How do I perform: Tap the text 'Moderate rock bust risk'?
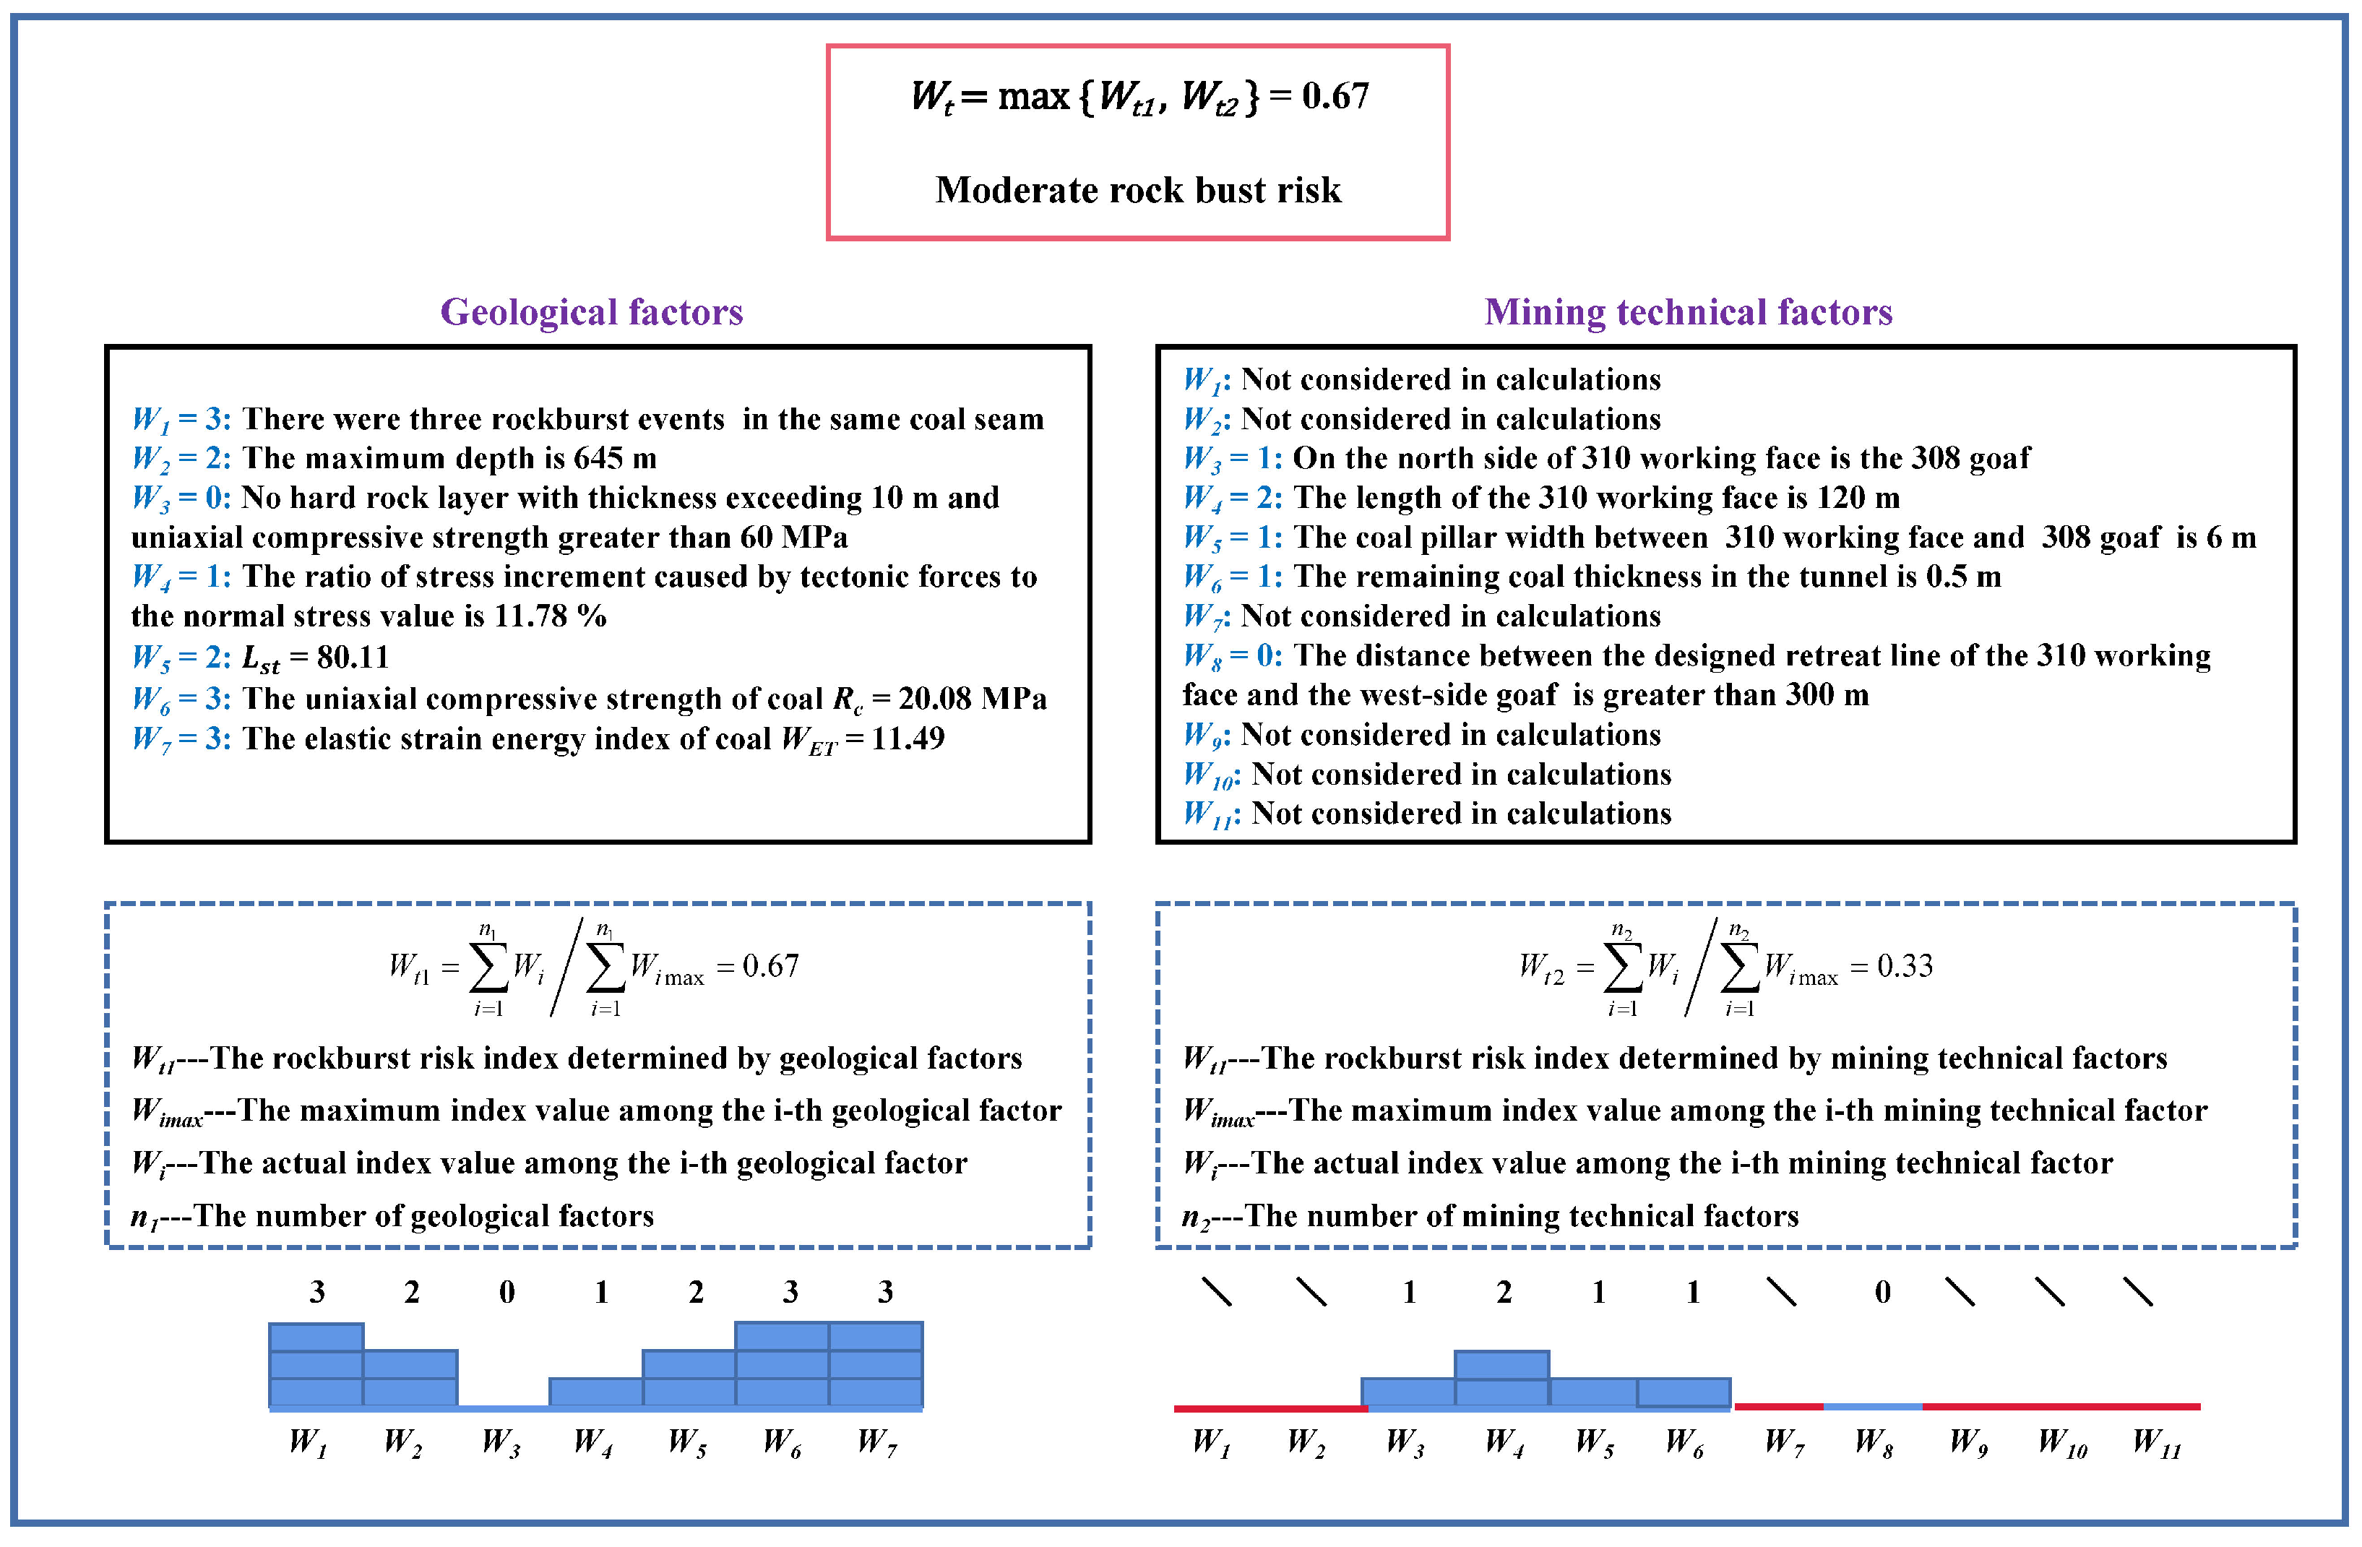pyautogui.click(x=1137, y=189)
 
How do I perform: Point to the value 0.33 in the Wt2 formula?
pyautogui.click(x=1905, y=965)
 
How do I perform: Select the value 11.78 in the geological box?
pyautogui.click(x=534, y=616)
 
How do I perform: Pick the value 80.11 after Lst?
pyautogui.click(x=353, y=657)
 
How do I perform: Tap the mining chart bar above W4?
pyautogui.click(x=1501, y=1379)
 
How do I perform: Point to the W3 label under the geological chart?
pyautogui.click(x=500, y=1441)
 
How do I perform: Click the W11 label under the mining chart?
pyautogui.click(x=2157, y=1441)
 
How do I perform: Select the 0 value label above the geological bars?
pyautogui.click(x=506, y=1292)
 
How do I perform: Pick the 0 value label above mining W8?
pyautogui.click(x=1882, y=1292)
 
